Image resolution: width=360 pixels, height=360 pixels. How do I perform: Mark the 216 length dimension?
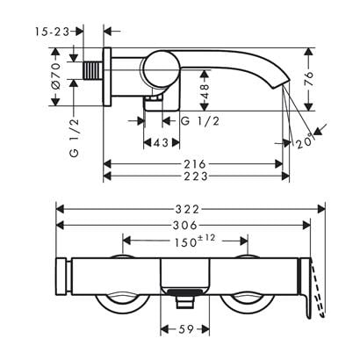pos(196,163)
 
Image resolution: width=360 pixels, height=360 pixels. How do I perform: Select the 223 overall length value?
pos(196,176)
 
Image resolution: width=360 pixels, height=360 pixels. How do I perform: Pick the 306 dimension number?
pos(184,225)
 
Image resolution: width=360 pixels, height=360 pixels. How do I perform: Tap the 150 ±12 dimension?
pos(184,240)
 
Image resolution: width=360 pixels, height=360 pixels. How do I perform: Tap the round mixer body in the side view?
pos(165,69)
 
